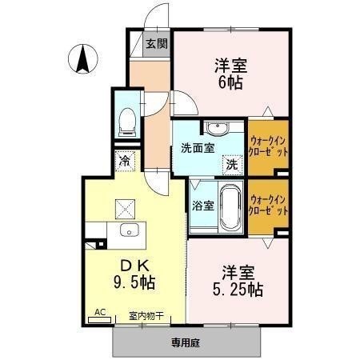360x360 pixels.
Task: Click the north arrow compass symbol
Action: click(x=82, y=60)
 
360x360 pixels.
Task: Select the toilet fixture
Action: click(x=126, y=120)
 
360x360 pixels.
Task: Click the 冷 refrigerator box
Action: click(x=125, y=160)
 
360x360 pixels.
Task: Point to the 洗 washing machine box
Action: click(x=230, y=164)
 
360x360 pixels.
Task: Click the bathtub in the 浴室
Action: click(x=230, y=206)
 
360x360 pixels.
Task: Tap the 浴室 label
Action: click(x=202, y=206)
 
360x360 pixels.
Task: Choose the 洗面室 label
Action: click(x=196, y=148)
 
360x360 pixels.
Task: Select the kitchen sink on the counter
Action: click(x=128, y=231)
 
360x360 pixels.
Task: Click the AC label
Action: click(x=100, y=312)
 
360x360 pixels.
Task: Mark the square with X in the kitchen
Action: click(x=126, y=207)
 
